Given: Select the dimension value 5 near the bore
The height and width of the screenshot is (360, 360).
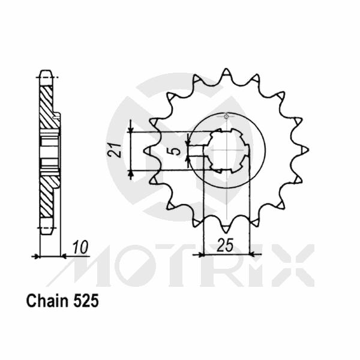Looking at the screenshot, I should (176, 149).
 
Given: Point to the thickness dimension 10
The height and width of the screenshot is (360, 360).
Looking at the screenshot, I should (78, 246).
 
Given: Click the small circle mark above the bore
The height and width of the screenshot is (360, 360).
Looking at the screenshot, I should (226, 116).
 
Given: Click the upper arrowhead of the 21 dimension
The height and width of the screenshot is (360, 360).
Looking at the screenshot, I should (131, 127).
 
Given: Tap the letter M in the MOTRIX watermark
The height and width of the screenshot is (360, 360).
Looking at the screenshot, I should (87, 265).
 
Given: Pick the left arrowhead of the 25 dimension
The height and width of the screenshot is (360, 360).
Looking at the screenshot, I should (202, 254).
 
